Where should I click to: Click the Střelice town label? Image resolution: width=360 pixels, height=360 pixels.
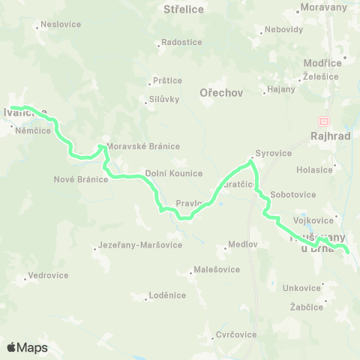(x=184, y=10)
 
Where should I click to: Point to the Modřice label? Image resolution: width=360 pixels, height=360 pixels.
(x=323, y=63)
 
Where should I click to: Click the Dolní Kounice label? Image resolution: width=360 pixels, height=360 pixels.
(x=174, y=173)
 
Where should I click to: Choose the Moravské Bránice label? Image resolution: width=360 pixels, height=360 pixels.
(x=143, y=146)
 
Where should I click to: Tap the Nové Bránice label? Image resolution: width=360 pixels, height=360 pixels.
(x=82, y=179)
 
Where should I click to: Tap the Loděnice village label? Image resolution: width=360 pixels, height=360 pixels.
(x=166, y=295)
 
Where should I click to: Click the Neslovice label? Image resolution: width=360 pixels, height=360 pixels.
(x=61, y=24)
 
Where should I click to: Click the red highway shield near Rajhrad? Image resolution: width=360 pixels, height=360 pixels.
(x=323, y=121)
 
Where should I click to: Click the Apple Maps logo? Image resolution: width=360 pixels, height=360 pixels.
(x=27, y=347)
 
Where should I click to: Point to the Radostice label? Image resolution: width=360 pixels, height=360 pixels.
(x=181, y=43)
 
